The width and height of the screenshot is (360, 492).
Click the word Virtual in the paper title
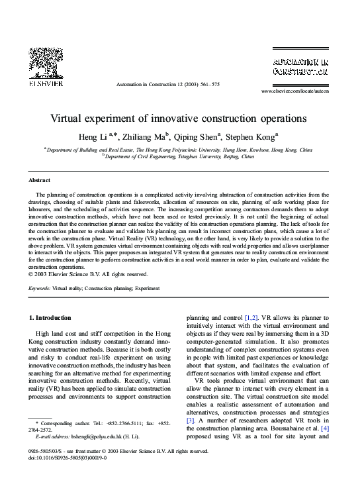[x=69, y=120]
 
